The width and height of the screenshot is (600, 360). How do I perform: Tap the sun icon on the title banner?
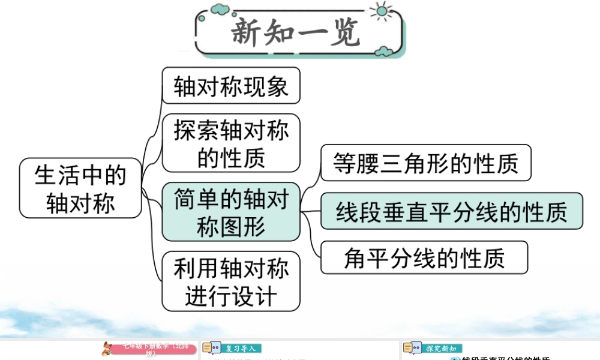[380, 11]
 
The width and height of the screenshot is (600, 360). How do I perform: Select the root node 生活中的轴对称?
[80, 188]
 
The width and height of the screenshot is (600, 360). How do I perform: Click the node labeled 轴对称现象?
[231, 86]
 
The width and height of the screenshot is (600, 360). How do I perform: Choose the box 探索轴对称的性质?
[231, 143]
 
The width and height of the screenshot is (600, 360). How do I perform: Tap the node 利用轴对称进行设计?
[231, 281]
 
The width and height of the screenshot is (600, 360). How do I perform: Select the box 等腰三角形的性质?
[425, 163]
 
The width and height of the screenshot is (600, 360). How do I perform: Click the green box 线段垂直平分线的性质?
[451, 211]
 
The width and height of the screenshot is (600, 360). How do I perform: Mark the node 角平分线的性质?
[424, 257]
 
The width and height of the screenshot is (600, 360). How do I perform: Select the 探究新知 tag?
[442, 349]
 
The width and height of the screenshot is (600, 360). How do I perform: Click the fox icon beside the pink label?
[108, 349]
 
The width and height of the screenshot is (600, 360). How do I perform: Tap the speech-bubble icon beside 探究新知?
[412, 349]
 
